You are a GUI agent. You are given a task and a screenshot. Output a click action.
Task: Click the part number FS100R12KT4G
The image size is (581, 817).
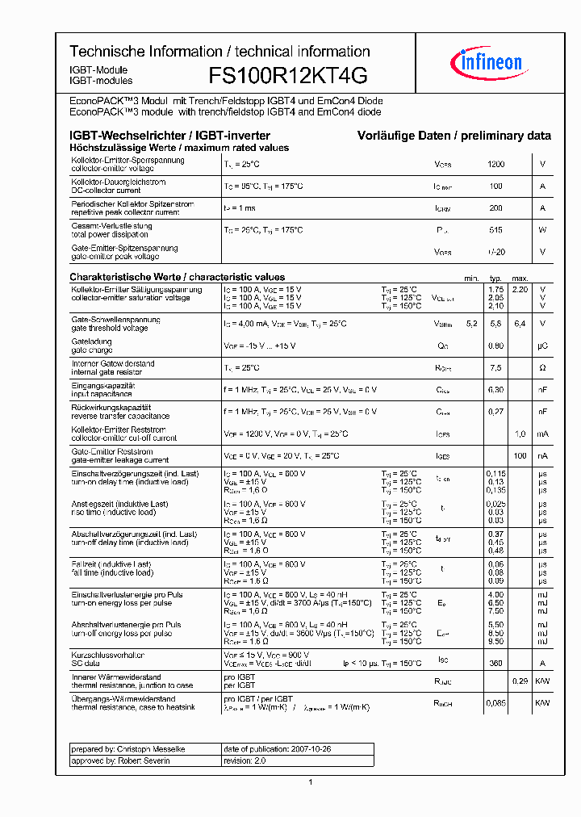[x=288, y=76]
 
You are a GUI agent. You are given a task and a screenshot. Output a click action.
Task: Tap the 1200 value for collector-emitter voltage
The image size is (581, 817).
[x=495, y=165]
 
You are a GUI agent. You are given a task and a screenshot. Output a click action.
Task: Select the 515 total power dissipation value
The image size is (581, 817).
[x=495, y=230]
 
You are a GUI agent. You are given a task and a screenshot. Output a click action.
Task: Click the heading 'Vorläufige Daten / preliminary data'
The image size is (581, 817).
[x=454, y=136]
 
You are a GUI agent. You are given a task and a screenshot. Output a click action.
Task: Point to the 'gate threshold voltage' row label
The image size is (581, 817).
[x=110, y=329]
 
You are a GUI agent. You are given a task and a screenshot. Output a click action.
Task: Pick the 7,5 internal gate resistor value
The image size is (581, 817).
[x=495, y=367]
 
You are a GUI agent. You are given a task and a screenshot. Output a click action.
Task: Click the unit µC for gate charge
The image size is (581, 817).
[x=542, y=346]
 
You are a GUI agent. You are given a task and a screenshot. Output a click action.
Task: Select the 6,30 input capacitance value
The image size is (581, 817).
[x=495, y=389]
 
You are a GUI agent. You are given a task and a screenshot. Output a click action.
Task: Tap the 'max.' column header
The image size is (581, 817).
[x=520, y=278]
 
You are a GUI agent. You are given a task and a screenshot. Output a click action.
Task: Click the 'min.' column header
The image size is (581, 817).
[x=471, y=278]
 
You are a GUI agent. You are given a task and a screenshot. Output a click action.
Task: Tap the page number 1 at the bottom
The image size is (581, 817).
[x=311, y=781]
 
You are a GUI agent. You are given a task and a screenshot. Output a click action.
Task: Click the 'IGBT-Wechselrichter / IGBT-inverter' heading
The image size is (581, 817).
[x=169, y=136]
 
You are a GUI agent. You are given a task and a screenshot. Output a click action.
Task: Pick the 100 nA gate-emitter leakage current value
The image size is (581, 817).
[x=520, y=455]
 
